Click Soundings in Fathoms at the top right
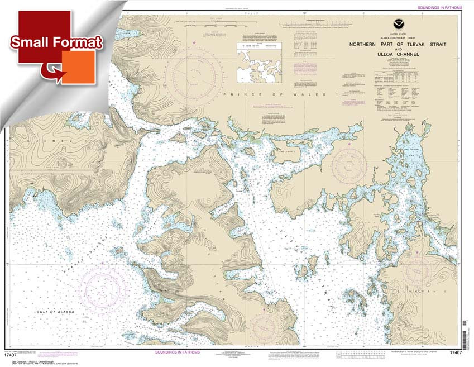click(x=441, y=7)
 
